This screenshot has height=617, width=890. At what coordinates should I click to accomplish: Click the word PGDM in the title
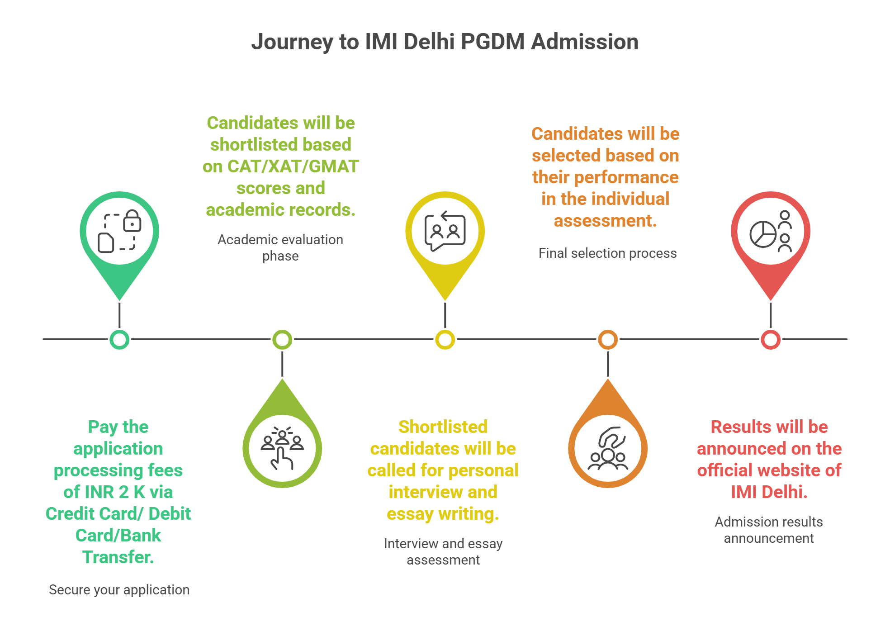(x=492, y=42)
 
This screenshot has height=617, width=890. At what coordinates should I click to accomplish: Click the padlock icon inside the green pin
(x=132, y=221)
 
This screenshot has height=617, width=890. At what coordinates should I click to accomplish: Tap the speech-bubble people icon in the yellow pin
(x=445, y=232)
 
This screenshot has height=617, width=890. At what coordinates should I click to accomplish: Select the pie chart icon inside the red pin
(x=762, y=234)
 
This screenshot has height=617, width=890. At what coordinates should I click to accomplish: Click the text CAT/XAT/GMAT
(x=293, y=166)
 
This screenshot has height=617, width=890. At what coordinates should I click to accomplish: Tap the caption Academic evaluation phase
(x=280, y=247)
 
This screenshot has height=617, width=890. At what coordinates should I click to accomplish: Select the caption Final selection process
(x=607, y=253)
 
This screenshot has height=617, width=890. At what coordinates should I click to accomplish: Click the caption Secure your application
(x=119, y=590)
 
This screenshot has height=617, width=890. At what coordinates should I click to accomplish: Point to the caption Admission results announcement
(x=769, y=530)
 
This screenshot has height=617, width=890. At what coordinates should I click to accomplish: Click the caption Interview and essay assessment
(x=443, y=551)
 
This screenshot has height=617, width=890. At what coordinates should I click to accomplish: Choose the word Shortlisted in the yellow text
(x=443, y=427)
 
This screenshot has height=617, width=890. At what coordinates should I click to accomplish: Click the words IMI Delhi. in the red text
(x=769, y=492)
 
